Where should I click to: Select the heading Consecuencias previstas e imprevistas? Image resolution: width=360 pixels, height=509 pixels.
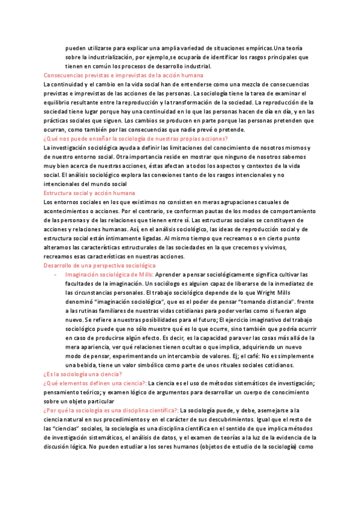click(123, 76)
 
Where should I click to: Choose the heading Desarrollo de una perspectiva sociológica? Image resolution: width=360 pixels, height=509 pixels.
click(100, 265)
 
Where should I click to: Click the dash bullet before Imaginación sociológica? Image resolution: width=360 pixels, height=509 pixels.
click(55, 274)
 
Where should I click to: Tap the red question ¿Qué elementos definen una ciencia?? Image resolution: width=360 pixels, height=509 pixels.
click(95, 382)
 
